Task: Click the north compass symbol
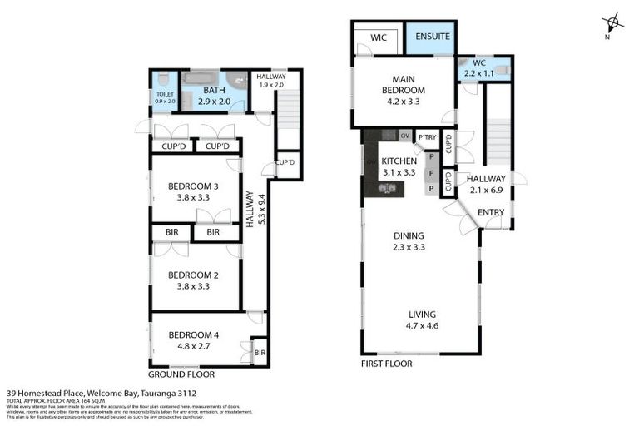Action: [x=612, y=23]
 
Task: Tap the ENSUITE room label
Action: [x=432, y=37]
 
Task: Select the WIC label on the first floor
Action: [x=379, y=37]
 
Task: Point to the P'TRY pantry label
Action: [x=428, y=137]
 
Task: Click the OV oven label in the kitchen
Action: [x=405, y=136]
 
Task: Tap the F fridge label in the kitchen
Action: [x=432, y=173]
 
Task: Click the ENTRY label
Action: [x=491, y=212]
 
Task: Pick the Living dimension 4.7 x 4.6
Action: [x=421, y=326]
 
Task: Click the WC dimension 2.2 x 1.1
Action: [x=484, y=74]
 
